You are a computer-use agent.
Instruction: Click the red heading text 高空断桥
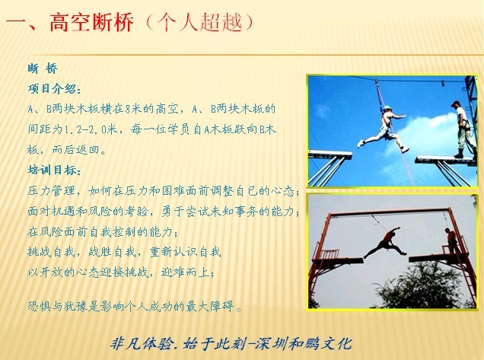click(91, 22)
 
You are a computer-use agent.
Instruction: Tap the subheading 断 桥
click(43, 68)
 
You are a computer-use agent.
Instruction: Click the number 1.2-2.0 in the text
click(90, 129)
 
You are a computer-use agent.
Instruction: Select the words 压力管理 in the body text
click(51, 190)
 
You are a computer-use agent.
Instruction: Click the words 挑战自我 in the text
click(51, 252)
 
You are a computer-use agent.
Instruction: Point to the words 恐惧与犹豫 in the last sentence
click(58, 307)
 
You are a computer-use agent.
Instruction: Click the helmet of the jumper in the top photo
click(387, 108)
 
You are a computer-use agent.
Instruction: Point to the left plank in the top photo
click(330, 154)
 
